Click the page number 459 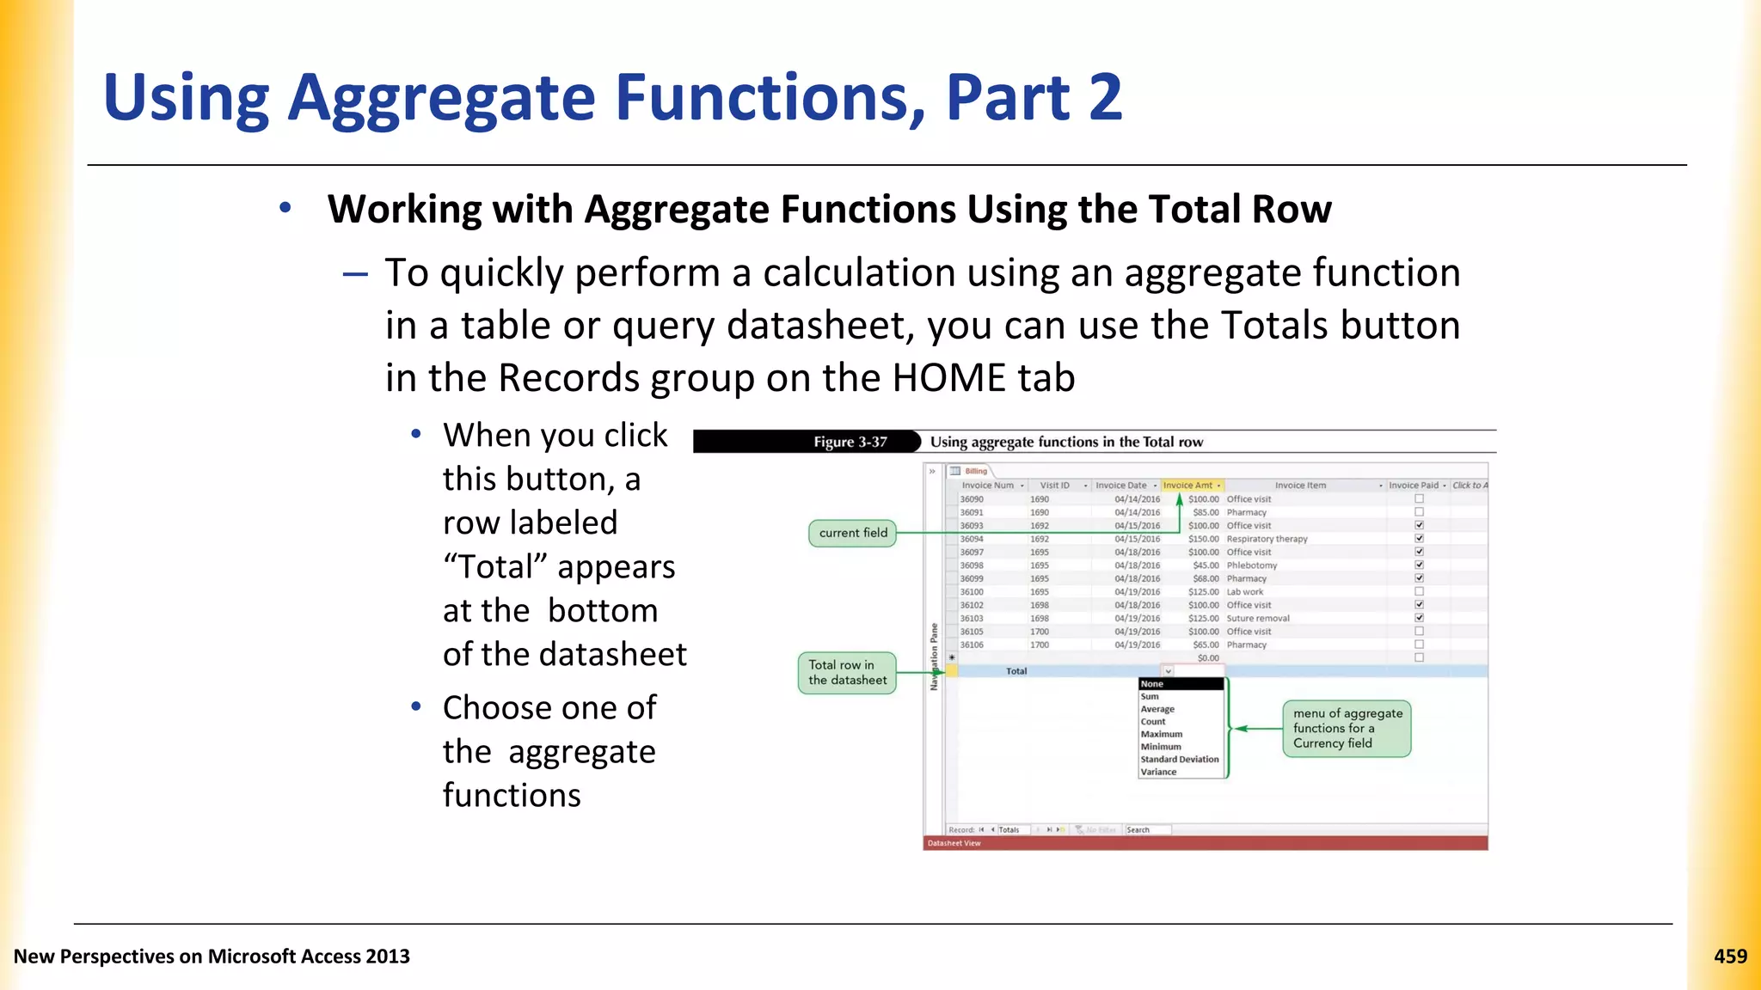[x=1730, y=956]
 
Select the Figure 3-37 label [x=850, y=442]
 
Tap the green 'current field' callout [x=852, y=533]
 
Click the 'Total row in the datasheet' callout [x=847, y=672]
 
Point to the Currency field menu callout [x=1347, y=728]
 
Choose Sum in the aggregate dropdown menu [x=1150, y=697]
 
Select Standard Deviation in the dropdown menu [x=1179, y=759]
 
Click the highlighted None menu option [x=1152, y=684]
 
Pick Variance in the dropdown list [x=1158, y=772]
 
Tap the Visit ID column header [x=1054, y=486]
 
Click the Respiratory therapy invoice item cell [x=1267, y=539]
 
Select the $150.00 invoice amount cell [x=1203, y=539]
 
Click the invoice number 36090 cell [x=972, y=499]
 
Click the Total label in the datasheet [x=1016, y=671]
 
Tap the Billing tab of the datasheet [x=975, y=471]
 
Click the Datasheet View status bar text [x=954, y=843]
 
